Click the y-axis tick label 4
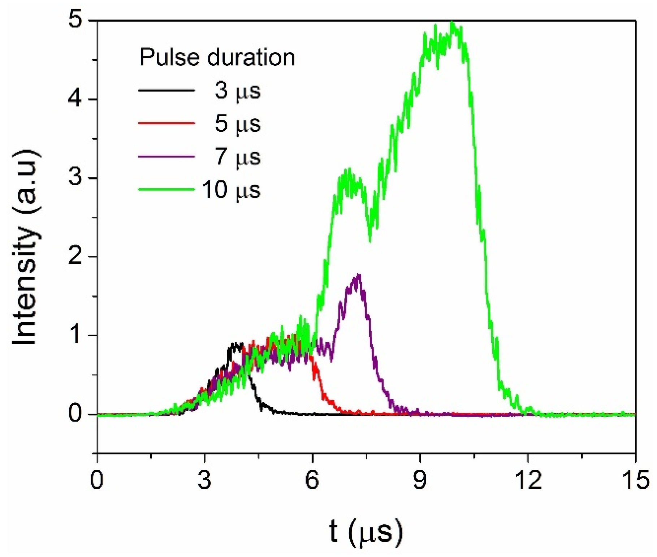click(75, 99)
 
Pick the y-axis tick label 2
click(75, 257)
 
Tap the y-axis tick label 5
click(75, 21)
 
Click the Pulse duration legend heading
click(217, 57)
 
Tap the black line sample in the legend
click(167, 90)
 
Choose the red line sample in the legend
click(167, 123)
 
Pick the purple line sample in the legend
click(167, 156)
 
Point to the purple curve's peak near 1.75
click(358, 275)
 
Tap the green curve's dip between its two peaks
click(369, 240)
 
